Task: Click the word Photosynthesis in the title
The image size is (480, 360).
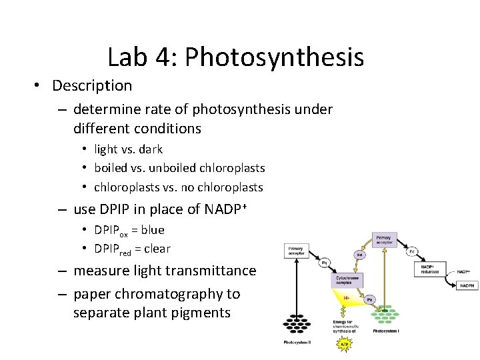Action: [x=275, y=58]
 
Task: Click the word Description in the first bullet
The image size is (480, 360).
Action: [x=92, y=86]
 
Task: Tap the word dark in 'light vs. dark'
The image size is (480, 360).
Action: [x=151, y=149]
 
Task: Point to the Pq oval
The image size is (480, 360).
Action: [x=324, y=261]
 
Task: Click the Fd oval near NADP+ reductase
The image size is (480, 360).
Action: [x=411, y=251]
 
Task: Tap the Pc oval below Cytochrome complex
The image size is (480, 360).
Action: [x=369, y=299]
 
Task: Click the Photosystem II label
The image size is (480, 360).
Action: [x=297, y=343]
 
